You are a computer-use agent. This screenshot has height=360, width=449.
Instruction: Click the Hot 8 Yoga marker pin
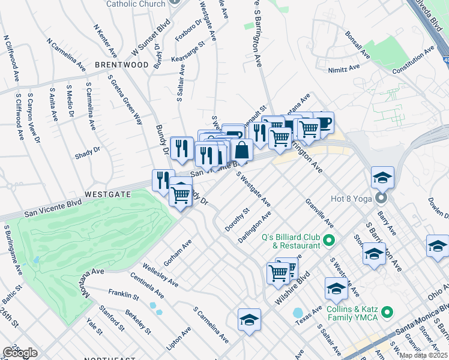coord(381,198)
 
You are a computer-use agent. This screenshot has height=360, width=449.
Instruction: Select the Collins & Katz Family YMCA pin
coord(387,312)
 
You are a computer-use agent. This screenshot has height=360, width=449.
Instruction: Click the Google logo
coord(20,353)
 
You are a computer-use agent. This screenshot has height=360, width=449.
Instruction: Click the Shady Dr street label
coord(88,153)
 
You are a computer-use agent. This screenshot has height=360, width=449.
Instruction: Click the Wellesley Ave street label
coord(160,274)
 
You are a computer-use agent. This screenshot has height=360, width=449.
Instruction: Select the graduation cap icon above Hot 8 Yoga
coord(382,177)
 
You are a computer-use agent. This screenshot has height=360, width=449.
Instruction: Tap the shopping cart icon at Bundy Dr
coord(180,193)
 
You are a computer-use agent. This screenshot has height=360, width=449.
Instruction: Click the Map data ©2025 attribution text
coord(424,355)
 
